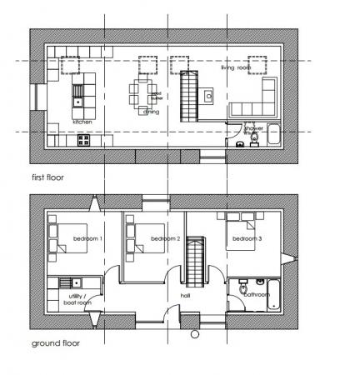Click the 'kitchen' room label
pyautogui.click(x=82, y=122)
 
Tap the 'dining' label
pyautogui.click(x=152, y=111)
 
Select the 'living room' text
pyautogui.click(x=237, y=68)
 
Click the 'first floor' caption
pyautogui.click(x=47, y=177)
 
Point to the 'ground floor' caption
pyautogui.click(x=55, y=342)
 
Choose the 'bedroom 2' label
pyautogui.click(x=166, y=240)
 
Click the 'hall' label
pyautogui.click(x=187, y=296)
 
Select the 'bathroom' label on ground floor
pyautogui.click(x=257, y=294)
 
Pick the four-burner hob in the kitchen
pyautogui.click(x=83, y=141)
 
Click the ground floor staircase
pyautogui.click(x=197, y=261)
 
